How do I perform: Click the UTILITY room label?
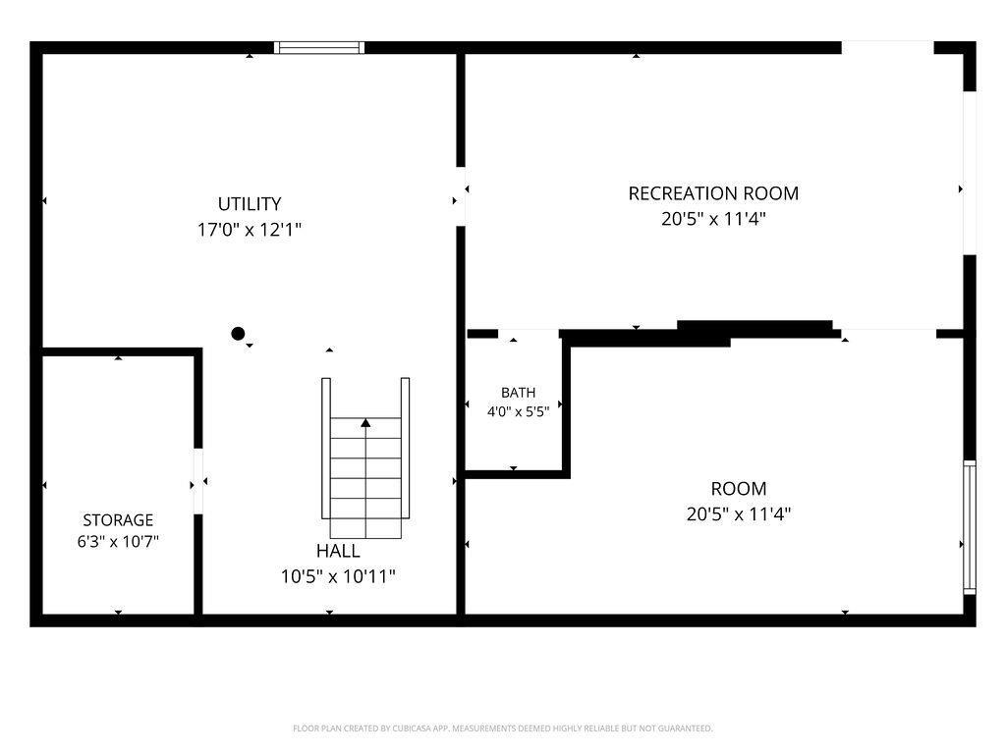coord(250,204)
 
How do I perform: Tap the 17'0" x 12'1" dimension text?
coord(250,230)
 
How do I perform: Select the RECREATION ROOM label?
coord(713,193)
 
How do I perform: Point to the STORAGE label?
coord(118,520)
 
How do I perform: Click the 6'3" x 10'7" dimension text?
coord(118,542)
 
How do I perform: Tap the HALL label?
coord(338,551)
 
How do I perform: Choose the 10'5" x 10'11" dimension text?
coord(338,576)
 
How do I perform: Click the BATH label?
coord(519,393)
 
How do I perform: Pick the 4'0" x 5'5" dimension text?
coord(519,411)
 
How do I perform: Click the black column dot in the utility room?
coord(238,334)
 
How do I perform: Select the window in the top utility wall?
coord(319,47)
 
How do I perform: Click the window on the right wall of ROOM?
coord(970,527)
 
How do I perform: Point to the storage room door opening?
coord(198,481)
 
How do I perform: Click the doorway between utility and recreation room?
coord(461,196)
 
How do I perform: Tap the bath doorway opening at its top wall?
coord(529,334)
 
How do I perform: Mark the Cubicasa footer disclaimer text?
coord(503,728)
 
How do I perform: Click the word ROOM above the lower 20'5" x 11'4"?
coord(739,489)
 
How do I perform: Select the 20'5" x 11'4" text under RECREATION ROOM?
coord(713,219)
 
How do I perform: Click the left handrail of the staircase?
coord(326,448)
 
